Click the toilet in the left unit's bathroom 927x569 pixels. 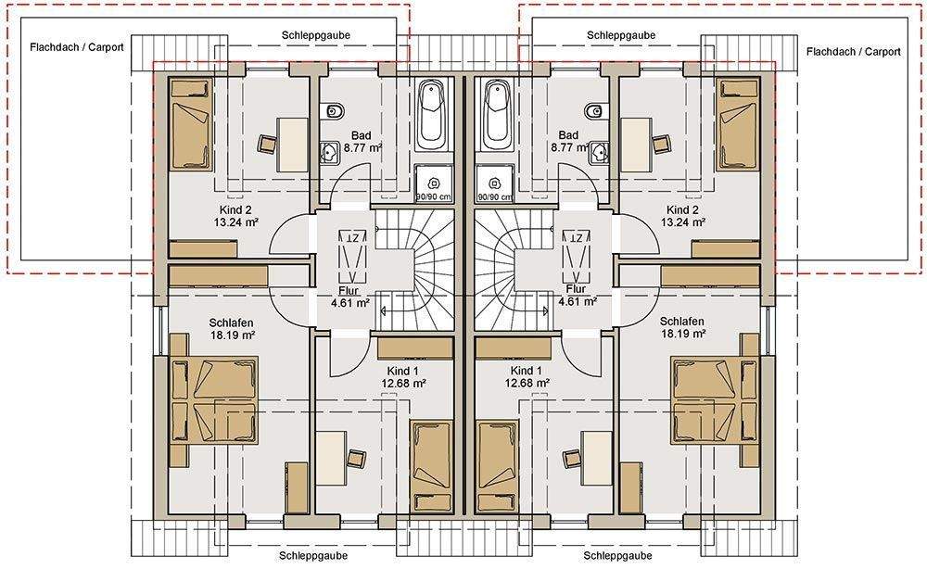(336, 111)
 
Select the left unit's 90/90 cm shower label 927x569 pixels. (433, 196)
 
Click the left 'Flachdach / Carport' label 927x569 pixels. (77, 47)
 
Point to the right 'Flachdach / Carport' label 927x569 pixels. (854, 52)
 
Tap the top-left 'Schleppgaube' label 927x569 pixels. (316, 35)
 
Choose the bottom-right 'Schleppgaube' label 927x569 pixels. (617, 555)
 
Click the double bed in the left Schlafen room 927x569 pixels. (213, 400)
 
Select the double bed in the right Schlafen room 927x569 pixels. (715, 400)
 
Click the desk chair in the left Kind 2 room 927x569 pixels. (268, 144)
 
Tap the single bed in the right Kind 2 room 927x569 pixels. (737, 125)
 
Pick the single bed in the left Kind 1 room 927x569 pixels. (432, 466)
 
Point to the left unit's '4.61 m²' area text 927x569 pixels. (350, 302)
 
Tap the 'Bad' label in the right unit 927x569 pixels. (569, 135)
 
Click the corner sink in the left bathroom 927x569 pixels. (329, 152)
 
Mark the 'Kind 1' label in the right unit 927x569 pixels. (527, 371)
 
